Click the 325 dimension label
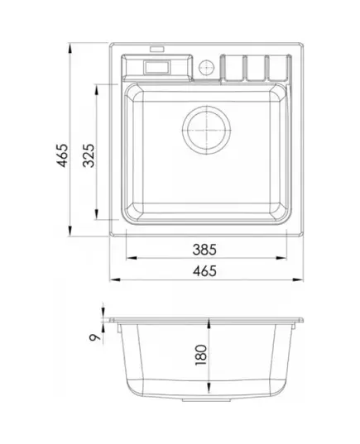coord(89,155)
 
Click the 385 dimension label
coord(204,250)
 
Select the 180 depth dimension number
coord(201,355)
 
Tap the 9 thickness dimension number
coord(95,337)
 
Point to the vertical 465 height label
coord(62,155)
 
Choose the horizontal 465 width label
coord(204,271)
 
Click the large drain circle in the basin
coord(207,130)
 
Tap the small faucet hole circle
coord(206,67)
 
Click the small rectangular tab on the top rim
coord(157,49)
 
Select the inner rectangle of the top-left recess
coord(156,67)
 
